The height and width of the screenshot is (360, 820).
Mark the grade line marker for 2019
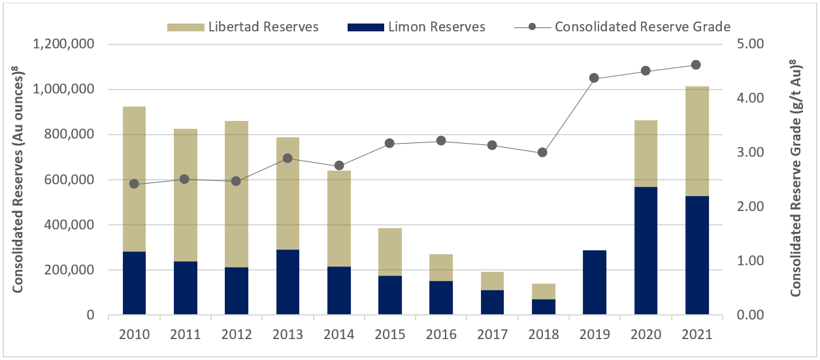point(595,78)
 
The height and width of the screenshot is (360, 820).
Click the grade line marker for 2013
point(288,158)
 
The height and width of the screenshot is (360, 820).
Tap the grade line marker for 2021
point(697,65)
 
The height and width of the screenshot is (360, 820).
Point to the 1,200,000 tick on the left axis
point(63,44)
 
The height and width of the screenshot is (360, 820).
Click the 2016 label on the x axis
point(442,335)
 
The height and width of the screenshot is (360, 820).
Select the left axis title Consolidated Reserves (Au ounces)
point(19,180)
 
